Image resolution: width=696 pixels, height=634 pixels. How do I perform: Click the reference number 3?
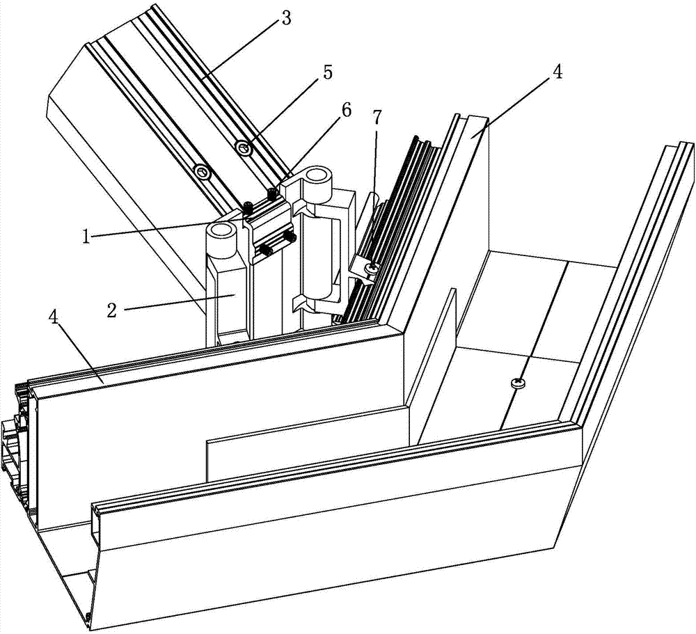pos(286,18)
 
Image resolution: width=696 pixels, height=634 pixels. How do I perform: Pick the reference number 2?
pos(111,310)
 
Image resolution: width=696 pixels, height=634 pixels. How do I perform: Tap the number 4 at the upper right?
pos(557,72)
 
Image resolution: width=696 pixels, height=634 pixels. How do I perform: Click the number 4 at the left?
pos(54,318)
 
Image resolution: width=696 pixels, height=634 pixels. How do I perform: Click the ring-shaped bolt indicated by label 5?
pos(244,147)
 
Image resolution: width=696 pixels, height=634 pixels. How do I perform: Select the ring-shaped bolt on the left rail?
pos(203,172)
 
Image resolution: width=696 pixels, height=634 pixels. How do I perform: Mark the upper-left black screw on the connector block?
pos(248,205)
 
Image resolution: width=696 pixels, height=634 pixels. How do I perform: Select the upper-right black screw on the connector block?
pos(271,192)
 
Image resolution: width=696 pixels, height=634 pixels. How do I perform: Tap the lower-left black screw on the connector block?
pos(267,250)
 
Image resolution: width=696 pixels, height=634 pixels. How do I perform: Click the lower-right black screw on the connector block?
pos(292,237)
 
